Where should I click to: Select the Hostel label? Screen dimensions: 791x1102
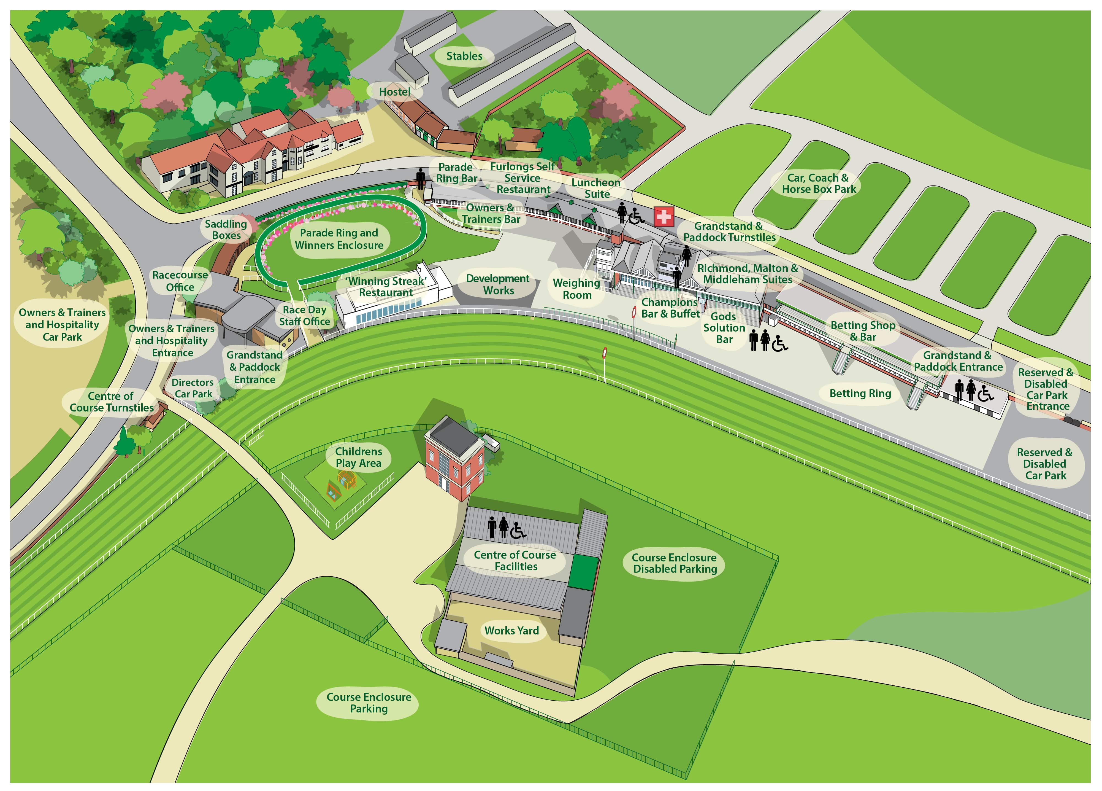[394, 92]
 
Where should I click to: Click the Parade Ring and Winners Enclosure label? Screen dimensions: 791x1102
[339, 239]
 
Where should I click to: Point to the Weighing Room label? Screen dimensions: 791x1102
[576, 289]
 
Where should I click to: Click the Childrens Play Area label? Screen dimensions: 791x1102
[359, 457]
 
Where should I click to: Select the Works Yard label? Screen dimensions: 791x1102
[512, 631]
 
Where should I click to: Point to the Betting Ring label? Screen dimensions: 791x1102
[860, 393]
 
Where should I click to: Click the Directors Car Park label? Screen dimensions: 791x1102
[193, 388]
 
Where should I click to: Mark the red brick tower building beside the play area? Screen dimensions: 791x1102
[454, 459]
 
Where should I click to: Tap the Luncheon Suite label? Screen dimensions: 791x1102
[596, 188]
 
